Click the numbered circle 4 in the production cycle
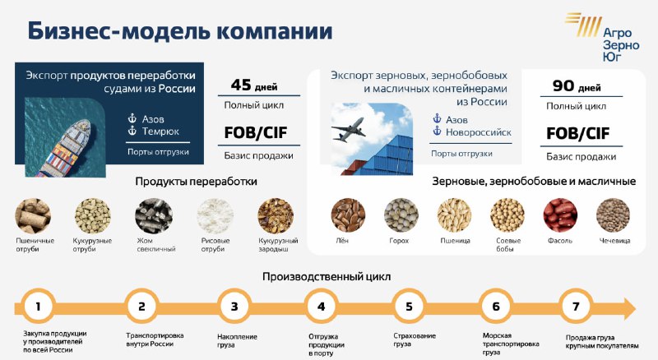click(x=322, y=307)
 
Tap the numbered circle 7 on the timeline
click(x=577, y=307)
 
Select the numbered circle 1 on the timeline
click(x=38, y=307)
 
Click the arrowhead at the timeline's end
click(x=629, y=309)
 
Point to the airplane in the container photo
click(x=348, y=129)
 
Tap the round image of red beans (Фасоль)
click(x=560, y=215)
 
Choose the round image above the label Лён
click(x=348, y=215)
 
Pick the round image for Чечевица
click(x=613, y=215)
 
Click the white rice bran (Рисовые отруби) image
click(x=215, y=215)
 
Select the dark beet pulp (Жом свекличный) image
click(x=154, y=215)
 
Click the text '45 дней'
click(x=254, y=85)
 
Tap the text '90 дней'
click(x=577, y=86)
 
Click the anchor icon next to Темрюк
click(x=132, y=131)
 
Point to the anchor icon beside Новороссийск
click(x=437, y=132)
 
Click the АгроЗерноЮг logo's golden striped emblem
click(x=584, y=24)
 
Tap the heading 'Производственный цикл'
click(x=327, y=277)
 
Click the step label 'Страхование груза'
click(x=415, y=339)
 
